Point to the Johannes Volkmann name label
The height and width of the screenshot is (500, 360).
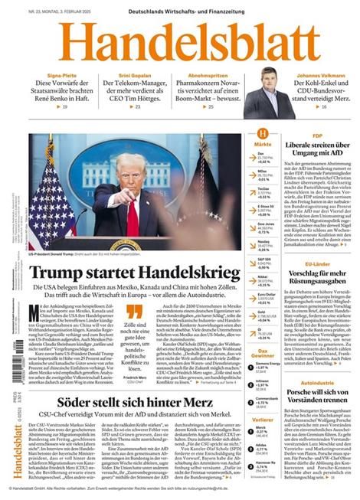coord(325,76)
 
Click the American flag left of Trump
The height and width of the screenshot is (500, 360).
coord(50,207)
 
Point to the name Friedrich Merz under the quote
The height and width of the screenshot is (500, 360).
coord(138,357)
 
